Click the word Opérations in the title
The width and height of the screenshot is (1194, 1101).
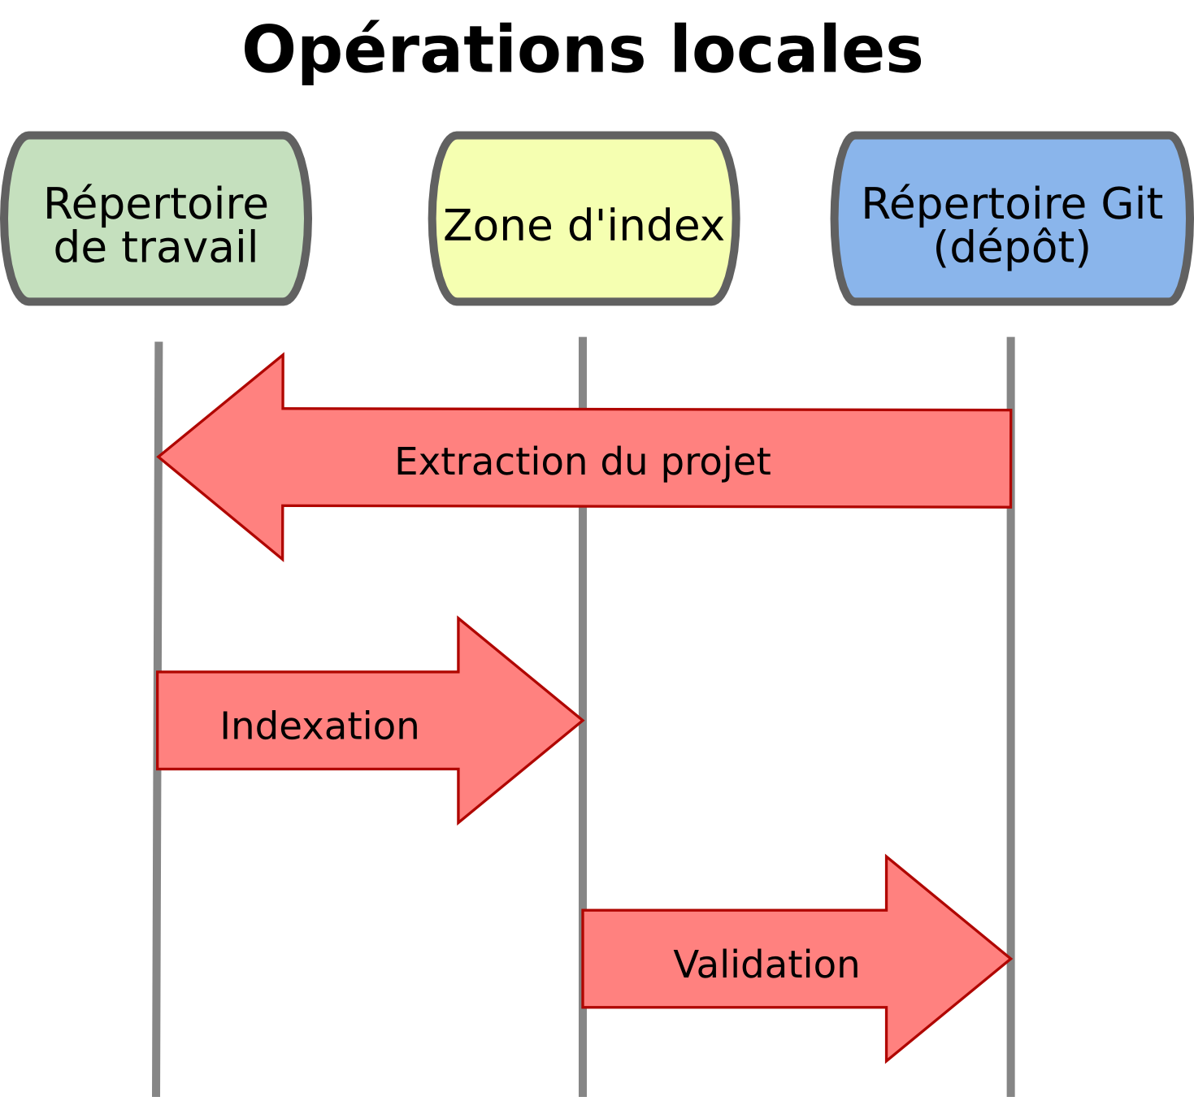coord(444,50)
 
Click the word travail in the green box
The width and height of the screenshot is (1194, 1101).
coord(190,247)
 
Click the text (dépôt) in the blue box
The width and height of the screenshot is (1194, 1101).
coord(1012,247)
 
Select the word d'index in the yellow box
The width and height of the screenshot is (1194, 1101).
coord(646,225)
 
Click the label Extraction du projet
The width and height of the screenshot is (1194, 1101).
coord(583,462)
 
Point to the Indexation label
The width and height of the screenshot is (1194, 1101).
coord(319,726)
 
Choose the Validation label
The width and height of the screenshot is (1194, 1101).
coord(766,964)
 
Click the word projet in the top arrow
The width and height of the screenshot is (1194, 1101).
coord(715,462)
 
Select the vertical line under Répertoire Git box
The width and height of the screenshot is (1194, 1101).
coord(1010,650)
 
